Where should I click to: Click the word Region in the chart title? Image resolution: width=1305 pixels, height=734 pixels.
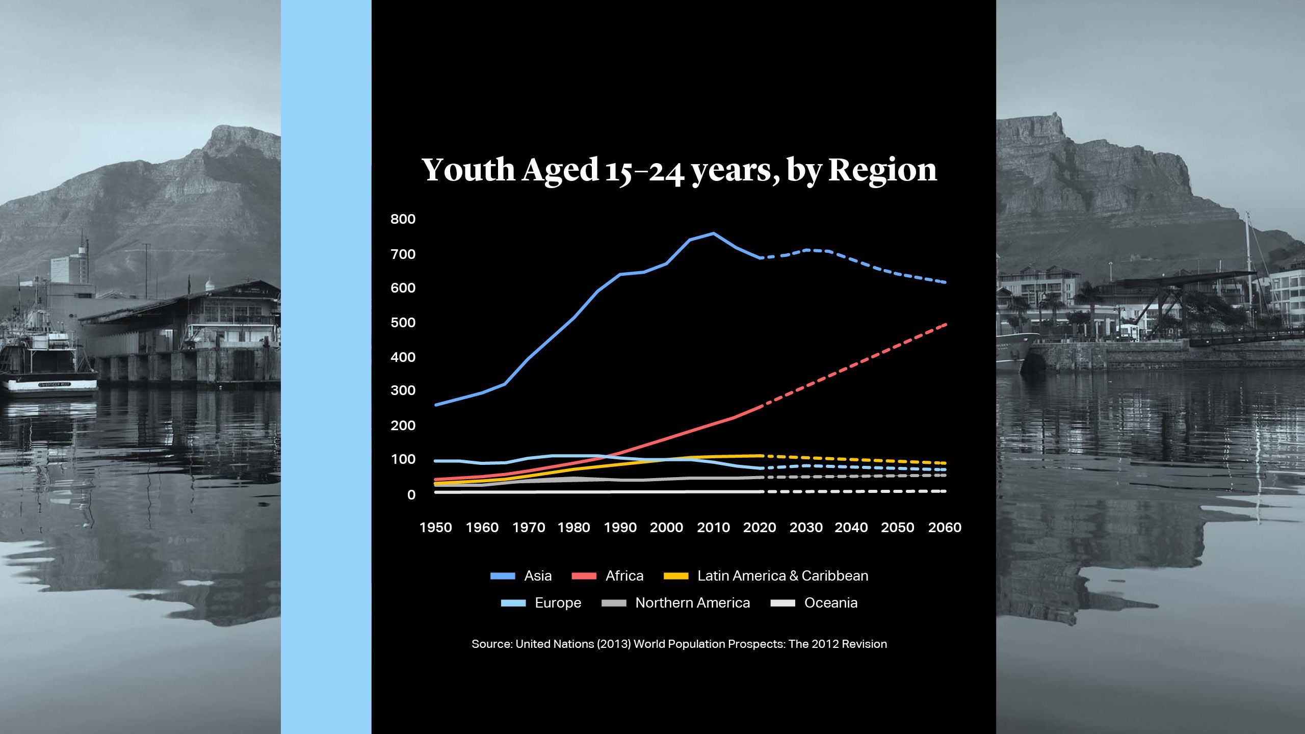[x=882, y=169]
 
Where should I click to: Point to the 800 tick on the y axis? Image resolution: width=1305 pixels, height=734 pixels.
[x=403, y=219]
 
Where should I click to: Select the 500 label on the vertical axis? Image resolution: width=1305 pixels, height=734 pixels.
[x=403, y=323]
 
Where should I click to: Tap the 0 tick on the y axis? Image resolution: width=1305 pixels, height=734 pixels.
[x=411, y=495]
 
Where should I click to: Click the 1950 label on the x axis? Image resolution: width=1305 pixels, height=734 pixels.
[x=435, y=528]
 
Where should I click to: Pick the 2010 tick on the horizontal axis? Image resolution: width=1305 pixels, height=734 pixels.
[x=713, y=528]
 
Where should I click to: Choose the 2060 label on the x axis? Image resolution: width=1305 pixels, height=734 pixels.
[x=945, y=528]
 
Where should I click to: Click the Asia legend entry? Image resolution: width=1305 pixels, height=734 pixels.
[x=537, y=576]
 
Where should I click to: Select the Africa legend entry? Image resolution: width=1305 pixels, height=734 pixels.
[x=624, y=576]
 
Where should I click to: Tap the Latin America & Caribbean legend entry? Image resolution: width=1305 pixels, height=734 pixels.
[x=782, y=576]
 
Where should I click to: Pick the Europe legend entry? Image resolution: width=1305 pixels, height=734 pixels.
[x=557, y=603]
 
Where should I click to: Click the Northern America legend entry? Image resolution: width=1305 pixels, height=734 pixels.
[x=692, y=603]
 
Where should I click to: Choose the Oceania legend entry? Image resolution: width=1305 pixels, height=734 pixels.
[x=830, y=603]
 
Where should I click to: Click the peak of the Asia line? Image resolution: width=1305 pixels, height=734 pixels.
[x=713, y=233]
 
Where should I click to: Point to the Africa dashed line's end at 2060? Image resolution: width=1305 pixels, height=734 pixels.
[x=946, y=324]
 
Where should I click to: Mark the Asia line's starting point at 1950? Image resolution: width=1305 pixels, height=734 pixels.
[x=436, y=405]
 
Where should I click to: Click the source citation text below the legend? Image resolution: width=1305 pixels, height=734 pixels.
[x=679, y=644]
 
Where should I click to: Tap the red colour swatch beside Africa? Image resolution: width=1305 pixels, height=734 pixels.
[x=584, y=576]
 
